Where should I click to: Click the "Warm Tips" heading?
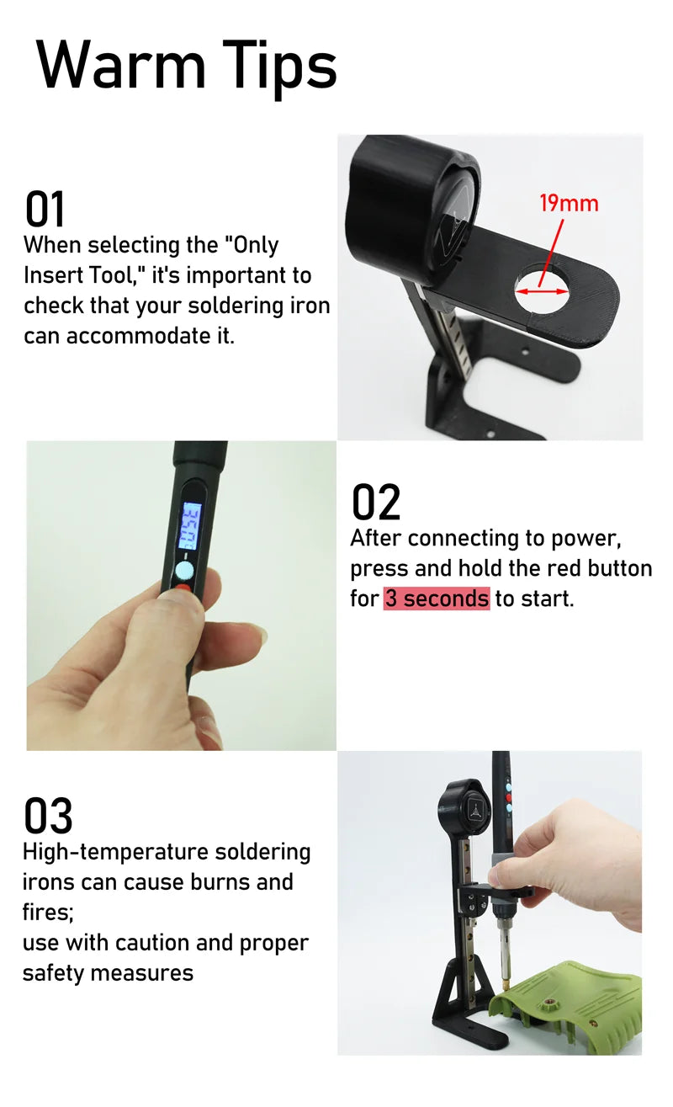coord(187,67)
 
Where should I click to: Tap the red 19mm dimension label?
coord(569,204)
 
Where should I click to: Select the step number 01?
coord(45,209)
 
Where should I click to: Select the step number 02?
coord(376,502)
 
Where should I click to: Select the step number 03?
coord(48,816)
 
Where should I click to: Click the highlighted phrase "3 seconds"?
coord(437,599)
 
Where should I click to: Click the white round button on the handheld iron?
coord(185,571)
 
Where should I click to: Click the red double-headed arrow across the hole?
coord(542,291)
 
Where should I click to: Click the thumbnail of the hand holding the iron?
coord(181,595)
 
